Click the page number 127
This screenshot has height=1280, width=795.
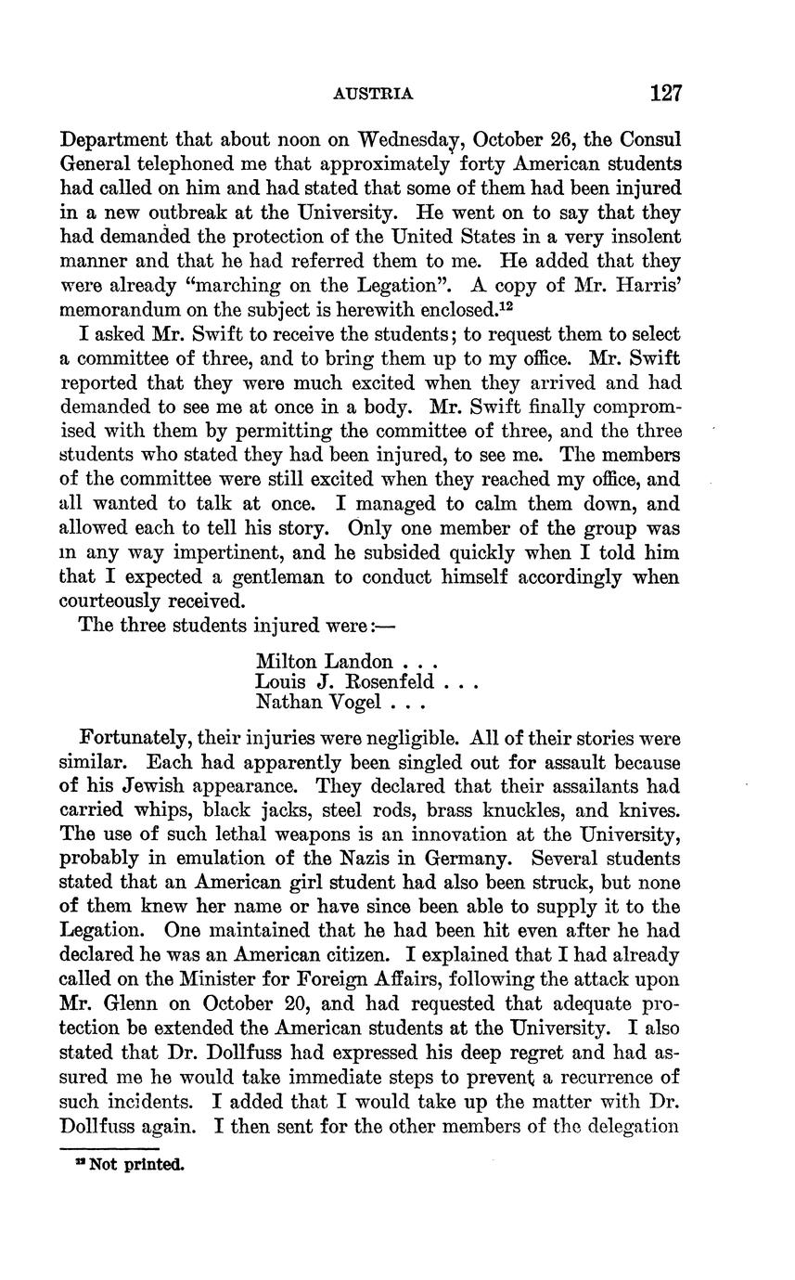pos(666,93)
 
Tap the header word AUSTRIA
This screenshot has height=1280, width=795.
pos(372,94)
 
